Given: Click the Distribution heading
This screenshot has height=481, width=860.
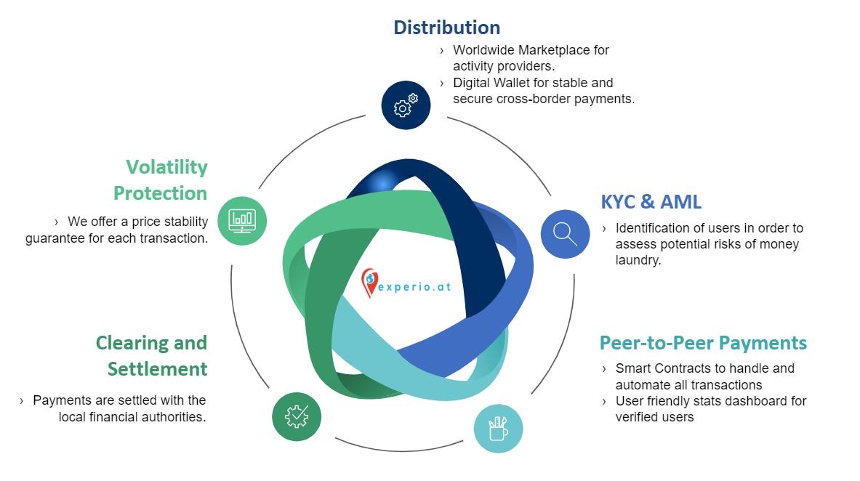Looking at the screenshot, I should (446, 28).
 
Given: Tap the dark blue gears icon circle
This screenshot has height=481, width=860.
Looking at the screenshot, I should (406, 105).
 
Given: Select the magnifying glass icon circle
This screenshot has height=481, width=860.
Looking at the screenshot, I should (565, 234).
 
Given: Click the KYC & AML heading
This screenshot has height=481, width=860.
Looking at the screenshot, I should (651, 201).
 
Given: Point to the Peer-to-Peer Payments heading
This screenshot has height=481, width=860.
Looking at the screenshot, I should (703, 342).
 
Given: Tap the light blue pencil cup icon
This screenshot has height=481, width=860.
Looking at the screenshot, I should (498, 428).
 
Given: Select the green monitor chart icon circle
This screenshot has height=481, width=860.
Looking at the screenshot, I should (242, 220).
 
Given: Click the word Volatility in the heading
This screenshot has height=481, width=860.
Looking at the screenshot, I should (166, 167).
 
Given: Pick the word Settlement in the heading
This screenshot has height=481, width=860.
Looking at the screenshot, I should (157, 369).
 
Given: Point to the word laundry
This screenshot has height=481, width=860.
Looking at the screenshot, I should (638, 260).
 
